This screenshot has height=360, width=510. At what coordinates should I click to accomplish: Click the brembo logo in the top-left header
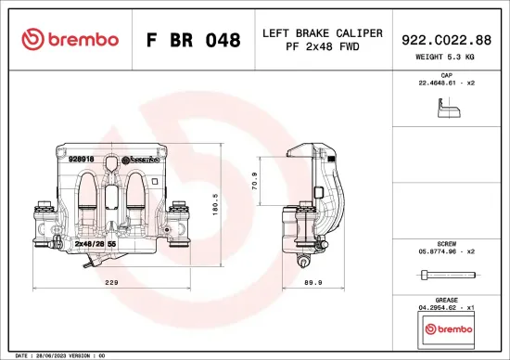(x=70, y=39)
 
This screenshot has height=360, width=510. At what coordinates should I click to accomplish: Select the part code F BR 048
(x=193, y=41)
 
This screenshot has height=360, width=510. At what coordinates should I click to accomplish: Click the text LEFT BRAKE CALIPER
(x=322, y=32)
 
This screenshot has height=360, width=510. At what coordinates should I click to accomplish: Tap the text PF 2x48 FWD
(x=322, y=46)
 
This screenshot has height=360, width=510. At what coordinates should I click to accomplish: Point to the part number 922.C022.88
(x=447, y=39)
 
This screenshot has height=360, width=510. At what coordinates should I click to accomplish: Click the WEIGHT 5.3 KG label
(x=447, y=58)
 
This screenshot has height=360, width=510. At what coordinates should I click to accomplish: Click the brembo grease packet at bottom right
(x=446, y=328)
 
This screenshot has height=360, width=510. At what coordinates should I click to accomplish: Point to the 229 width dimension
(x=111, y=284)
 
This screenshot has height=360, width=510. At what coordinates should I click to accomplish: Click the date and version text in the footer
(x=56, y=354)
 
